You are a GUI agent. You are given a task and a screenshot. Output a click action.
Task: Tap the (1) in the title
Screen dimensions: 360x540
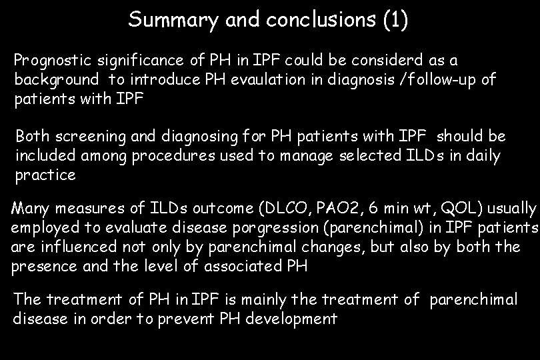396,20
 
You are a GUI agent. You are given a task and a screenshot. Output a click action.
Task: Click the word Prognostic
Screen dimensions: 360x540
48,61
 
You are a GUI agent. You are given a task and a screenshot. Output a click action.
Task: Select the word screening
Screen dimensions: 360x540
89,137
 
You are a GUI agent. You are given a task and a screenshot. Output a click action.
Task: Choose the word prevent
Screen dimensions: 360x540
186,319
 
